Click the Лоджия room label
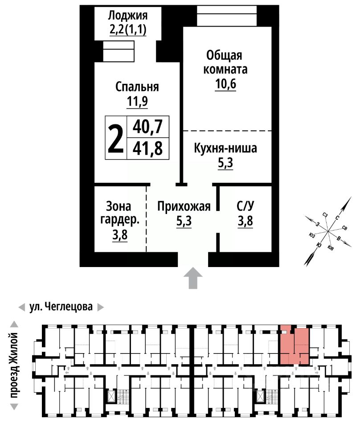[127, 16]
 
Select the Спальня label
[137, 86]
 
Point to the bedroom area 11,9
[137, 101]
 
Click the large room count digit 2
[116, 138]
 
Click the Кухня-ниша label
[225, 148]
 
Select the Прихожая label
[184, 206]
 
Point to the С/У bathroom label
[245, 206]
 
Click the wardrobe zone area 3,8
[120, 235]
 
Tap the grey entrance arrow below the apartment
[193, 278]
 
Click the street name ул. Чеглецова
[61, 307]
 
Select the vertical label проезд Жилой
[14, 366]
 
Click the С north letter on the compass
[337, 218]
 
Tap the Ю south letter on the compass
[318, 245]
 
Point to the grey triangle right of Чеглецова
[101, 307]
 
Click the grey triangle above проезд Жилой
[14, 324]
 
